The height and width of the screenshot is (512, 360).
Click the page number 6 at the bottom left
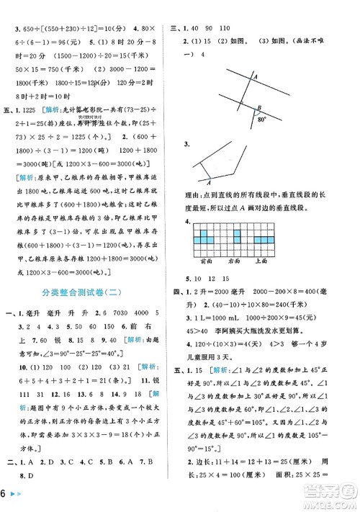point(6,498)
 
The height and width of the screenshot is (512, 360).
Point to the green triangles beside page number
point(22,498)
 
